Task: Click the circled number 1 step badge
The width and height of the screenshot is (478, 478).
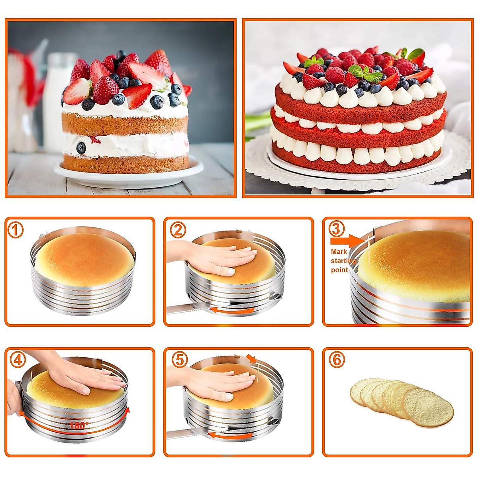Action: click(x=16, y=230)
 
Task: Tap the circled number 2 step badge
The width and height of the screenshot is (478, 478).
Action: click(x=178, y=230)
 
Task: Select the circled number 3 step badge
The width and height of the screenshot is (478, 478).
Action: click(x=337, y=229)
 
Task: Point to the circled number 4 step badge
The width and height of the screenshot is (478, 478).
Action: click(x=17, y=360)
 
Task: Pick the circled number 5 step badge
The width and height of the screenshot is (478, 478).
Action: click(x=179, y=360)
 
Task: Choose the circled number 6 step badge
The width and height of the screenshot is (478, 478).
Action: click(x=337, y=360)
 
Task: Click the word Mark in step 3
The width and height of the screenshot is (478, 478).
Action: click(x=339, y=252)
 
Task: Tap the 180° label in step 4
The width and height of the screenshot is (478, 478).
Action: click(x=78, y=425)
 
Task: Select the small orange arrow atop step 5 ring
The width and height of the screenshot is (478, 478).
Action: click(x=251, y=358)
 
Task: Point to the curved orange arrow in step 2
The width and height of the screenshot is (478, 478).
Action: click(x=232, y=310)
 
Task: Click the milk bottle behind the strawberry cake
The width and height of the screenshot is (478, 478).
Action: click(x=58, y=100)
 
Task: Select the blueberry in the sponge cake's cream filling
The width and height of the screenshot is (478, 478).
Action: click(x=81, y=147)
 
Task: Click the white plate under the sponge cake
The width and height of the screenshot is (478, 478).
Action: click(x=127, y=175)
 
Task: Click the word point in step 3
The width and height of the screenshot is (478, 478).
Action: click(x=339, y=270)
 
